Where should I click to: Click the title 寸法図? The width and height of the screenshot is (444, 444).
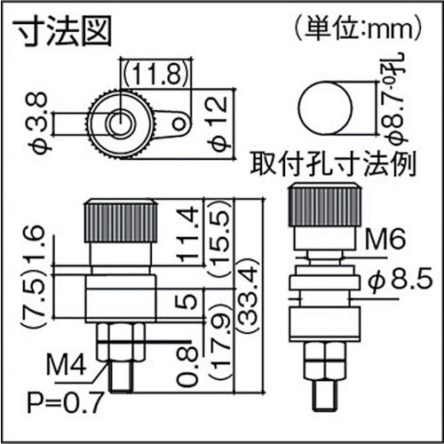[60, 34]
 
